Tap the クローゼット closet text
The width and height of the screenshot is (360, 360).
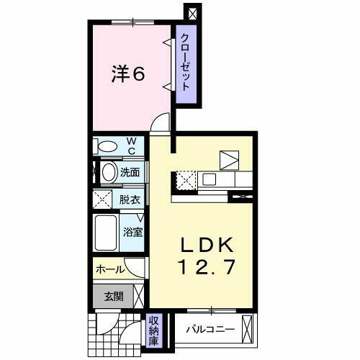coord(185,60)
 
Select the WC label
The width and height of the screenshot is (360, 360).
coord(132,146)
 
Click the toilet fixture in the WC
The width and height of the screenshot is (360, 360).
coord(108,147)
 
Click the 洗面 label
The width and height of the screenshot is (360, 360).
coord(130,173)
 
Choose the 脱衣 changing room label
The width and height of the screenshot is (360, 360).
coord(130,199)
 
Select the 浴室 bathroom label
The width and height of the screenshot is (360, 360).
coord(132,233)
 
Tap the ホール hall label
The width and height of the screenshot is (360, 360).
coord(109,269)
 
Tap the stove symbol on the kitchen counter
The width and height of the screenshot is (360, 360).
coord(184,178)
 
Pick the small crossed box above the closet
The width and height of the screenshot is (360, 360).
coord(192,12)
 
